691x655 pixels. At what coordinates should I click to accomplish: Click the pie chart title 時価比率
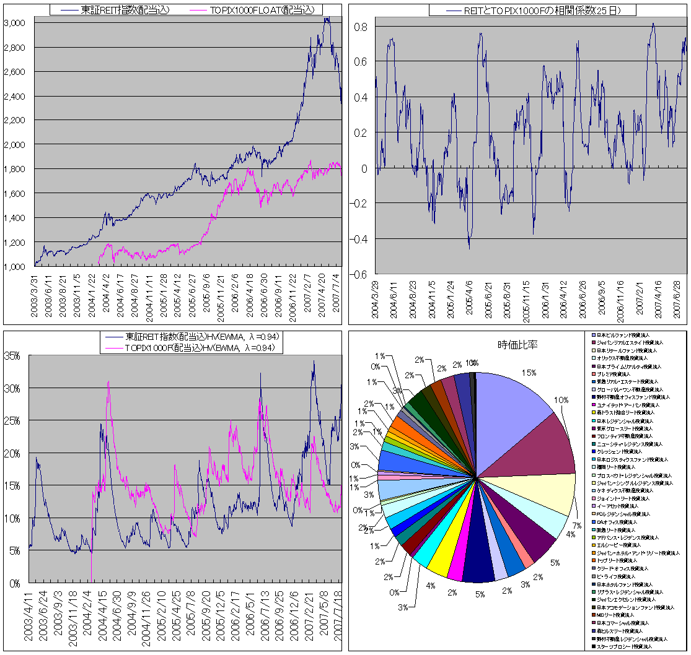(x=517, y=345)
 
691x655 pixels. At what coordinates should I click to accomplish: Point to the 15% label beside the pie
(x=528, y=373)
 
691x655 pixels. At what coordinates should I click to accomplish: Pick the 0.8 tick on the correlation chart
(x=361, y=27)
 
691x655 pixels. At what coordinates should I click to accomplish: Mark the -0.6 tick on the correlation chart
(x=359, y=274)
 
